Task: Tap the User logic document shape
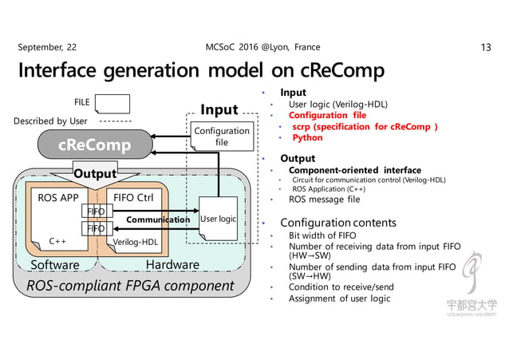tap(218, 219)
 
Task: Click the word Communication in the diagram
tap(157, 219)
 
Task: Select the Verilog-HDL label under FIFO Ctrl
tap(137, 241)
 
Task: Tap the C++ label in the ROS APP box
tap(57, 241)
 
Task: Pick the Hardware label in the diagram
tap(172, 264)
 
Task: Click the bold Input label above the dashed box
tap(219, 109)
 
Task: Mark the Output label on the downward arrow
tap(95, 173)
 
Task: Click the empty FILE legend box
tap(112, 103)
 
